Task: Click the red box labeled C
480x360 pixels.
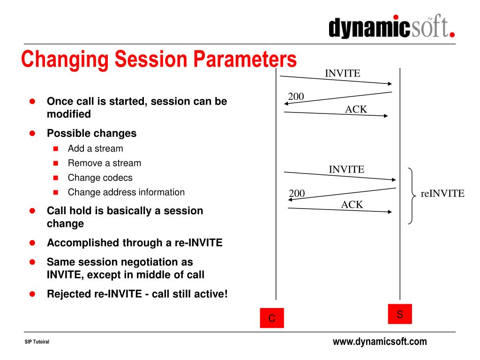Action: [272, 318]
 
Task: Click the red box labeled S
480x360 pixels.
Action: [400, 314]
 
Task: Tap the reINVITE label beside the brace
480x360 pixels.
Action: [442, 194]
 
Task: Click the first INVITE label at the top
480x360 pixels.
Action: [343, 74]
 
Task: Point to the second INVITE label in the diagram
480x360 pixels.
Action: [346, 169]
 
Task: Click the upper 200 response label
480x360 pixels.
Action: [296, 97]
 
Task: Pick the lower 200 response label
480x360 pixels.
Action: [297, 193]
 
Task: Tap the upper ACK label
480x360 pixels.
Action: [356, 109]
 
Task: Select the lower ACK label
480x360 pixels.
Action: [352, 204]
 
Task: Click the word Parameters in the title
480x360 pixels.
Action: [245, 59]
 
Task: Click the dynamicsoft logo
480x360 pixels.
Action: [391, 26]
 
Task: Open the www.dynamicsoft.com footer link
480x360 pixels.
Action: [380, 341]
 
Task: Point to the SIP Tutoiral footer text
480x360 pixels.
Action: [37, 342]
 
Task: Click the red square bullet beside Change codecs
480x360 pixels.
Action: [56, 178]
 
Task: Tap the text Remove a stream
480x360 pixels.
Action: [105, 163]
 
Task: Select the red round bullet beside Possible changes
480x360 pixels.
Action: [32, 133]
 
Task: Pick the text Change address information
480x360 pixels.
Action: [126, 192]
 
